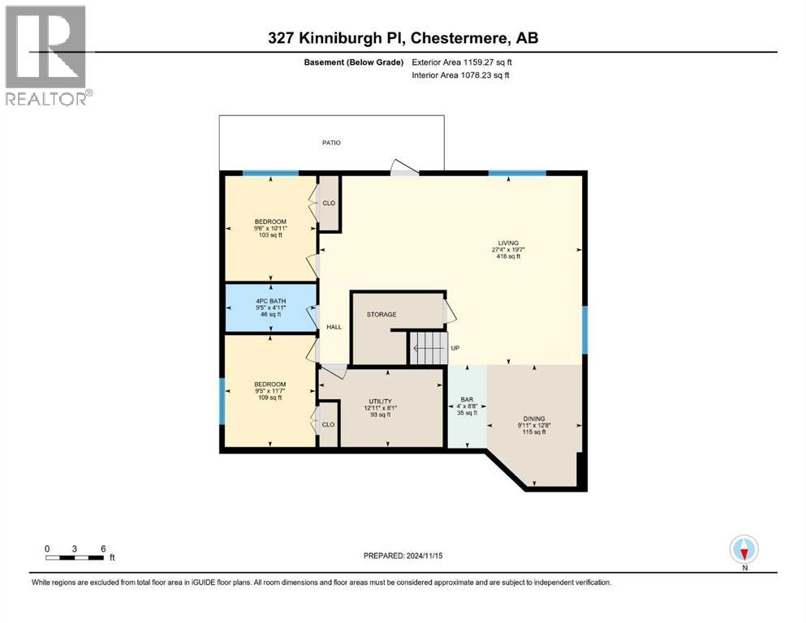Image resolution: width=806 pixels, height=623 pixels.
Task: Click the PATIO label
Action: tap(330, 143)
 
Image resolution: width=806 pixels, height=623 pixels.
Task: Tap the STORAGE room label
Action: tap(381, 314)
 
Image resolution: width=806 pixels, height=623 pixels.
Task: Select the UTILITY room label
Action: tap(380, 401)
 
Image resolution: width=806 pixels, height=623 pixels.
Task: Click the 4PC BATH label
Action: tap(269, 301)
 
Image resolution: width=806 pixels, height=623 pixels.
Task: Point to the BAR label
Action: tap(467, 400)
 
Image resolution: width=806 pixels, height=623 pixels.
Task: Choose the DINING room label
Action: tap(533, 419)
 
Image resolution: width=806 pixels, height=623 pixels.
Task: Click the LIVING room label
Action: tap(509, 243)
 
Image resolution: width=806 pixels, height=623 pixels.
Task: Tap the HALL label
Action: tap(334, 328)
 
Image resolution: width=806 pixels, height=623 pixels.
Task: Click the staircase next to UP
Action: tap(428, 348)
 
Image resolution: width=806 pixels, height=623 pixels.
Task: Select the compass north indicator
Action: tap(744, 549)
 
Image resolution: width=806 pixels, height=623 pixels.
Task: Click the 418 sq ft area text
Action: tap(508, 256)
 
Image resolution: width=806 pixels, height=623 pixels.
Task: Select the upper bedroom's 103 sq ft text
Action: tap(269, 235)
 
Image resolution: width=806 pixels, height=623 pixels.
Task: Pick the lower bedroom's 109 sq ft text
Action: tap(269, 397)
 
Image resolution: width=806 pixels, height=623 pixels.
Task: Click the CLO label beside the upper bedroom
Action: tap(329, 204)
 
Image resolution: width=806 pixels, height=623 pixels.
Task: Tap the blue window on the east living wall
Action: tap(584, 330)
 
